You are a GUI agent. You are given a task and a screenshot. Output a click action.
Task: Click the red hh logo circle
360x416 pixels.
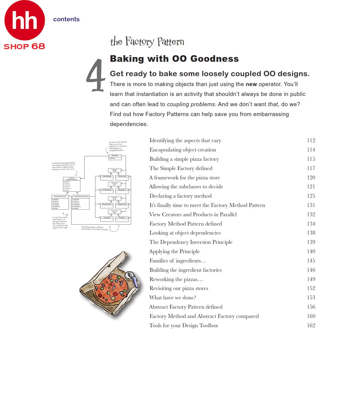(x=25, y=20)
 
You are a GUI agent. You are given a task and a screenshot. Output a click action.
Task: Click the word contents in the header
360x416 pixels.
(x=66, y=19)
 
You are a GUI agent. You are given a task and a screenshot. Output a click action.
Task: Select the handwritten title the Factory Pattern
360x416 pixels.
(x=147, y=41)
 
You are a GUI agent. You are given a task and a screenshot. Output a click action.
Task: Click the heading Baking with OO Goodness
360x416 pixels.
(x=174, y=58)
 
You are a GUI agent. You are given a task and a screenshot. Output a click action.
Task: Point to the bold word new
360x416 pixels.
(x=251, y=84)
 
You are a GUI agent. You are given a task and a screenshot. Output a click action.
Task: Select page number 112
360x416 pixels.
(x=311, y=140)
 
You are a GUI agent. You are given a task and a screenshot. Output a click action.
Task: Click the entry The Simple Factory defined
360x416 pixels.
(x=181, y=168)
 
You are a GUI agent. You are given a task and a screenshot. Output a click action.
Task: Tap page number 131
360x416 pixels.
(x=311, y=205)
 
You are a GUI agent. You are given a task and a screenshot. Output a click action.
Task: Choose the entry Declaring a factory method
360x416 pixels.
(x=181, y=196)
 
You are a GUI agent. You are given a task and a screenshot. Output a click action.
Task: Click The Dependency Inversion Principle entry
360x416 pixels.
(x=191, y=242)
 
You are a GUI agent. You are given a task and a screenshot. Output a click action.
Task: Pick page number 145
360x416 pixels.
(x=311, y=261)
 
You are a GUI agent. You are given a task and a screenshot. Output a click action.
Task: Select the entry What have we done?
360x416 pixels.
(x=173, y=298)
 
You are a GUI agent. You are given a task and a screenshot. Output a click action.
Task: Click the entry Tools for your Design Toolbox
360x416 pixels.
(x=184, y=325)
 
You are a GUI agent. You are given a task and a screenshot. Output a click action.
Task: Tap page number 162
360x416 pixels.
(x=311, y=325)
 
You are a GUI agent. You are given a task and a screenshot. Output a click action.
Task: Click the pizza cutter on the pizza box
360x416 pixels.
(x=132, y=278)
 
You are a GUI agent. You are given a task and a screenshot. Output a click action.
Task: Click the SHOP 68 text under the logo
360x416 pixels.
(x=24, y=46)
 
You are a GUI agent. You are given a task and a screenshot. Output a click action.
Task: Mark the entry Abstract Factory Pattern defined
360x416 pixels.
(x=186, y=307)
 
